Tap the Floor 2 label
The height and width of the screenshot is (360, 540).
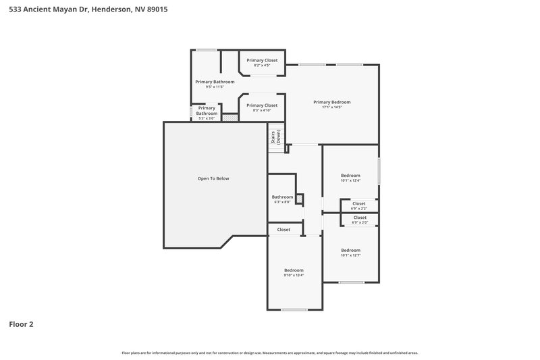pos(21,324)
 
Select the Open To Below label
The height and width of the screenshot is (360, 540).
pos(213,178)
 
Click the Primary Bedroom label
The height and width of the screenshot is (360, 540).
pos(331,102)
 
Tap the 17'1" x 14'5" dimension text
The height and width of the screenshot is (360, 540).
pos(331,107)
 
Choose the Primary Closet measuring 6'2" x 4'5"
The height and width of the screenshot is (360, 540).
pos(261,60)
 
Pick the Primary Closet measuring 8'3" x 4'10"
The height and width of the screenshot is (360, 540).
pos(261,105)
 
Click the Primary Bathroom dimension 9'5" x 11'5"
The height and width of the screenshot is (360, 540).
pos(209,86)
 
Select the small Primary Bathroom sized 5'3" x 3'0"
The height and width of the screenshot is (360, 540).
pos(207,111)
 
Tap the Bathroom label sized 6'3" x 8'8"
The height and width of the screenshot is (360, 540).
pos(282,197)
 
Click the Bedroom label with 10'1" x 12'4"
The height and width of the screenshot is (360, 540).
pos(350,175)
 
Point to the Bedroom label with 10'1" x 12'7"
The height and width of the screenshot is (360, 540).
pos(350,250)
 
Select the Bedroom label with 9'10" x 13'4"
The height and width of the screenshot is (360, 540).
pos(293,270)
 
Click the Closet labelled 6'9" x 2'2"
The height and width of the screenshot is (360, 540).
pos(358,203)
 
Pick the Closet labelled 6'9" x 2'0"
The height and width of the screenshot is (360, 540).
pos(359,217)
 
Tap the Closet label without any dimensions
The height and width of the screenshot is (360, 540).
pos(283,230)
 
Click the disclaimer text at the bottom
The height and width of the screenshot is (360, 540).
pos(270,353)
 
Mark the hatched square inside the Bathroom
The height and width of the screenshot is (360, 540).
pos(299,199)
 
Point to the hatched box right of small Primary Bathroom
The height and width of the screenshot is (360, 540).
pos(230,117)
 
